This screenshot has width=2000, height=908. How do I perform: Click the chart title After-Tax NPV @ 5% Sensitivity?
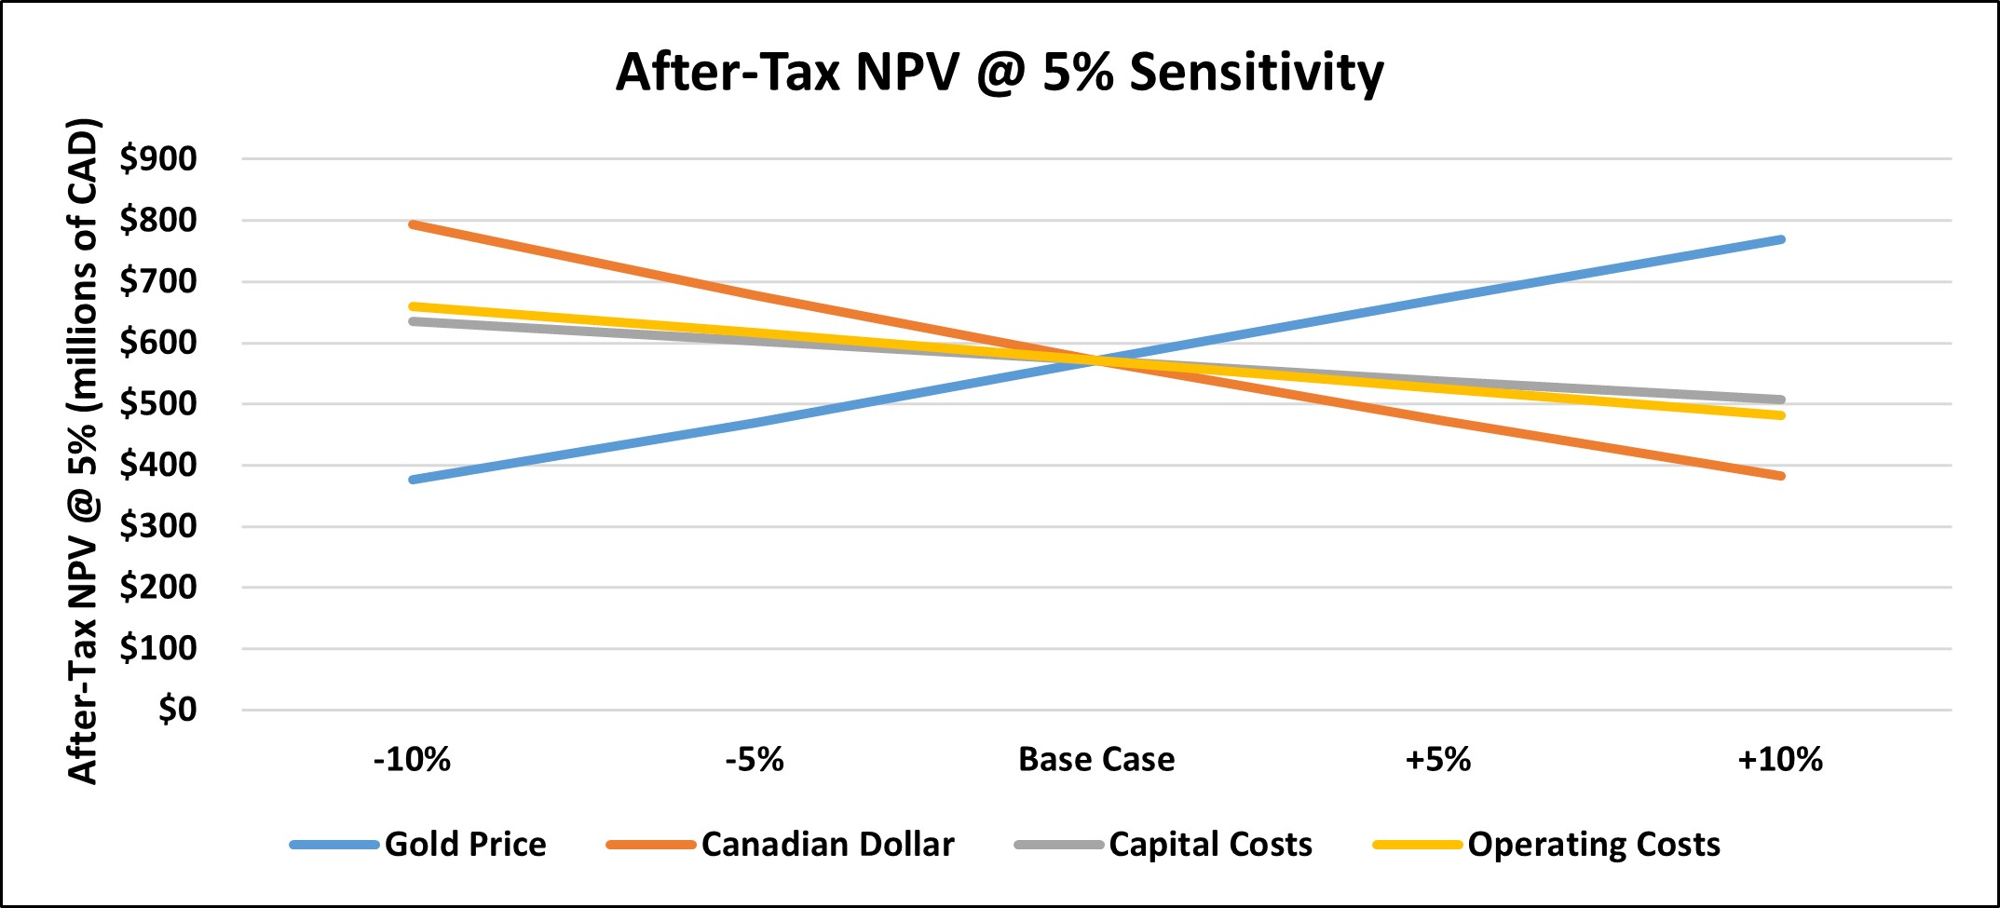(1000, 73)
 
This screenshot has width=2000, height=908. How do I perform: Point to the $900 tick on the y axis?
(158, 159)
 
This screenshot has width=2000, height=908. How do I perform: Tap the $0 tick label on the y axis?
(177, 710)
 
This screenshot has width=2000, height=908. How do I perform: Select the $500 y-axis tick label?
(158, 404)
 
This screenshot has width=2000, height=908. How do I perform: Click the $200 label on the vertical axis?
(158, 588)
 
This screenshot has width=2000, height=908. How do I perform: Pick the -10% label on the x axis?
(412, 760)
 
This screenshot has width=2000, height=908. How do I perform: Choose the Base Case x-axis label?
(1096, 760)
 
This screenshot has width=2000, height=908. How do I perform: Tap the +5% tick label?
(1437, 760)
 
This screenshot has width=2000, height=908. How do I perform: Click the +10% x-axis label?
(1779, 760)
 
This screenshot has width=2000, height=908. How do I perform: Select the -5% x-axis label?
(755, 760)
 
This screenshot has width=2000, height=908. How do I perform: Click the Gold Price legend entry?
(465, 845)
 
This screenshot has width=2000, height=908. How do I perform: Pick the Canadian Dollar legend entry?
(827, 845)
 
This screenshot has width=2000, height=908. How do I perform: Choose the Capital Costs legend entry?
(1210, 845)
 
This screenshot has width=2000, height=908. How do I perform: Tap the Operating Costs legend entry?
(1594, 845)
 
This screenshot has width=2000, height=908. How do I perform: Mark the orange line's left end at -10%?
(413, 224)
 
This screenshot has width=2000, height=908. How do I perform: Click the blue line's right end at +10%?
(1781, 240)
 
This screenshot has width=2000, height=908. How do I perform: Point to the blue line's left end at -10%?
(413, 480)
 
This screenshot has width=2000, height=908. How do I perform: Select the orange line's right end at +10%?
(1781, 476)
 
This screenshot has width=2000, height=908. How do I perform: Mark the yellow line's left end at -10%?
(413, 306)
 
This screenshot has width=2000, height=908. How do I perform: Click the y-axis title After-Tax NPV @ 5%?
(84, 452)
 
